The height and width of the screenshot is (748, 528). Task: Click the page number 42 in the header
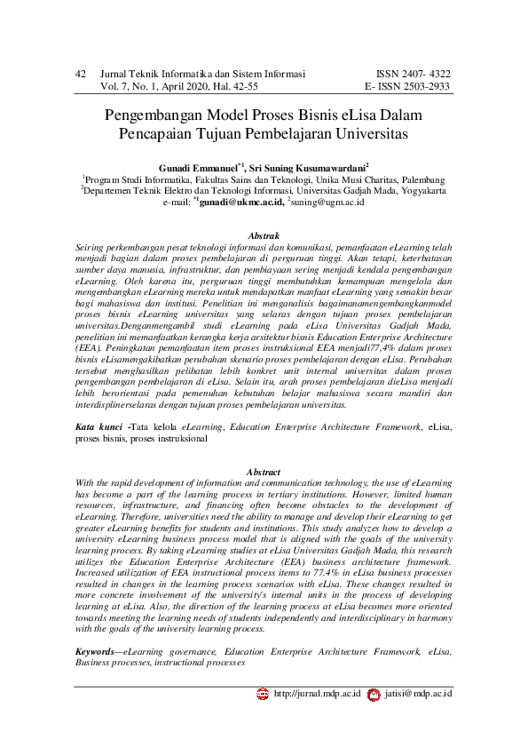(x=79, y=74)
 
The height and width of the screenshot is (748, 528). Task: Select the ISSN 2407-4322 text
(x=414, y=74)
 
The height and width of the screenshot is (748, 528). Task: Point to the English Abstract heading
(x=264, y=470)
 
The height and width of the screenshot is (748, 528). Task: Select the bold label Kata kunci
(x=99, y=427)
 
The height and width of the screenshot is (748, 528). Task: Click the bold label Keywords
(x=101, y=651)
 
